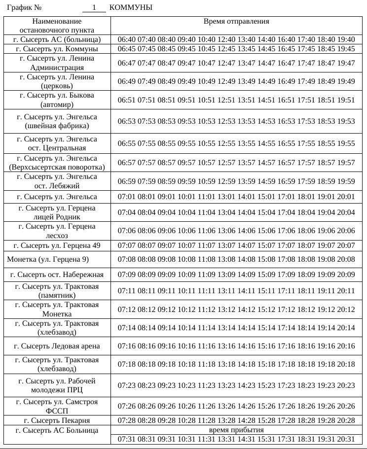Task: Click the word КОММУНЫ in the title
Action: pyautogui.click(x=131, y=8)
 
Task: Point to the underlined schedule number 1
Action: pyautogui.click(x=94, y=8)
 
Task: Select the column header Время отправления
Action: pyautogui.click(x=236, y=22)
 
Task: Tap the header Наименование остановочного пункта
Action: pyautogui.click(x=57, y=26)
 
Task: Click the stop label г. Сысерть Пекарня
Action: pyautogui.click(x=57, y=420)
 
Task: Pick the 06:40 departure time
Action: pyautogui.click(x=127, y=39)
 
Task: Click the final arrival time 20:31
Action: pyautogui.click(x=346, y=439)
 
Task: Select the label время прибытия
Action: pyautogui.click(x=236, y=430)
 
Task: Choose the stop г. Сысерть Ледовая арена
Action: pyautogui.click(x=57, y=346)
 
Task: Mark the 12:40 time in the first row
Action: pyautogui.click(x=226, y=39)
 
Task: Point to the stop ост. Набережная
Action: pyautogui.click(x=57, y=275)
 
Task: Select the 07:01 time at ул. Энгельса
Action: pyautogui.click(x=127, y=197)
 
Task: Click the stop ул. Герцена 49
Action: pyautogui.click(x=57, y=245)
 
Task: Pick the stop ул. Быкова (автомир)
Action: pyautogui.click(x=57, y=100)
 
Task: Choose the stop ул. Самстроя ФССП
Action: pyautogui.click(x=57, y=407)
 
